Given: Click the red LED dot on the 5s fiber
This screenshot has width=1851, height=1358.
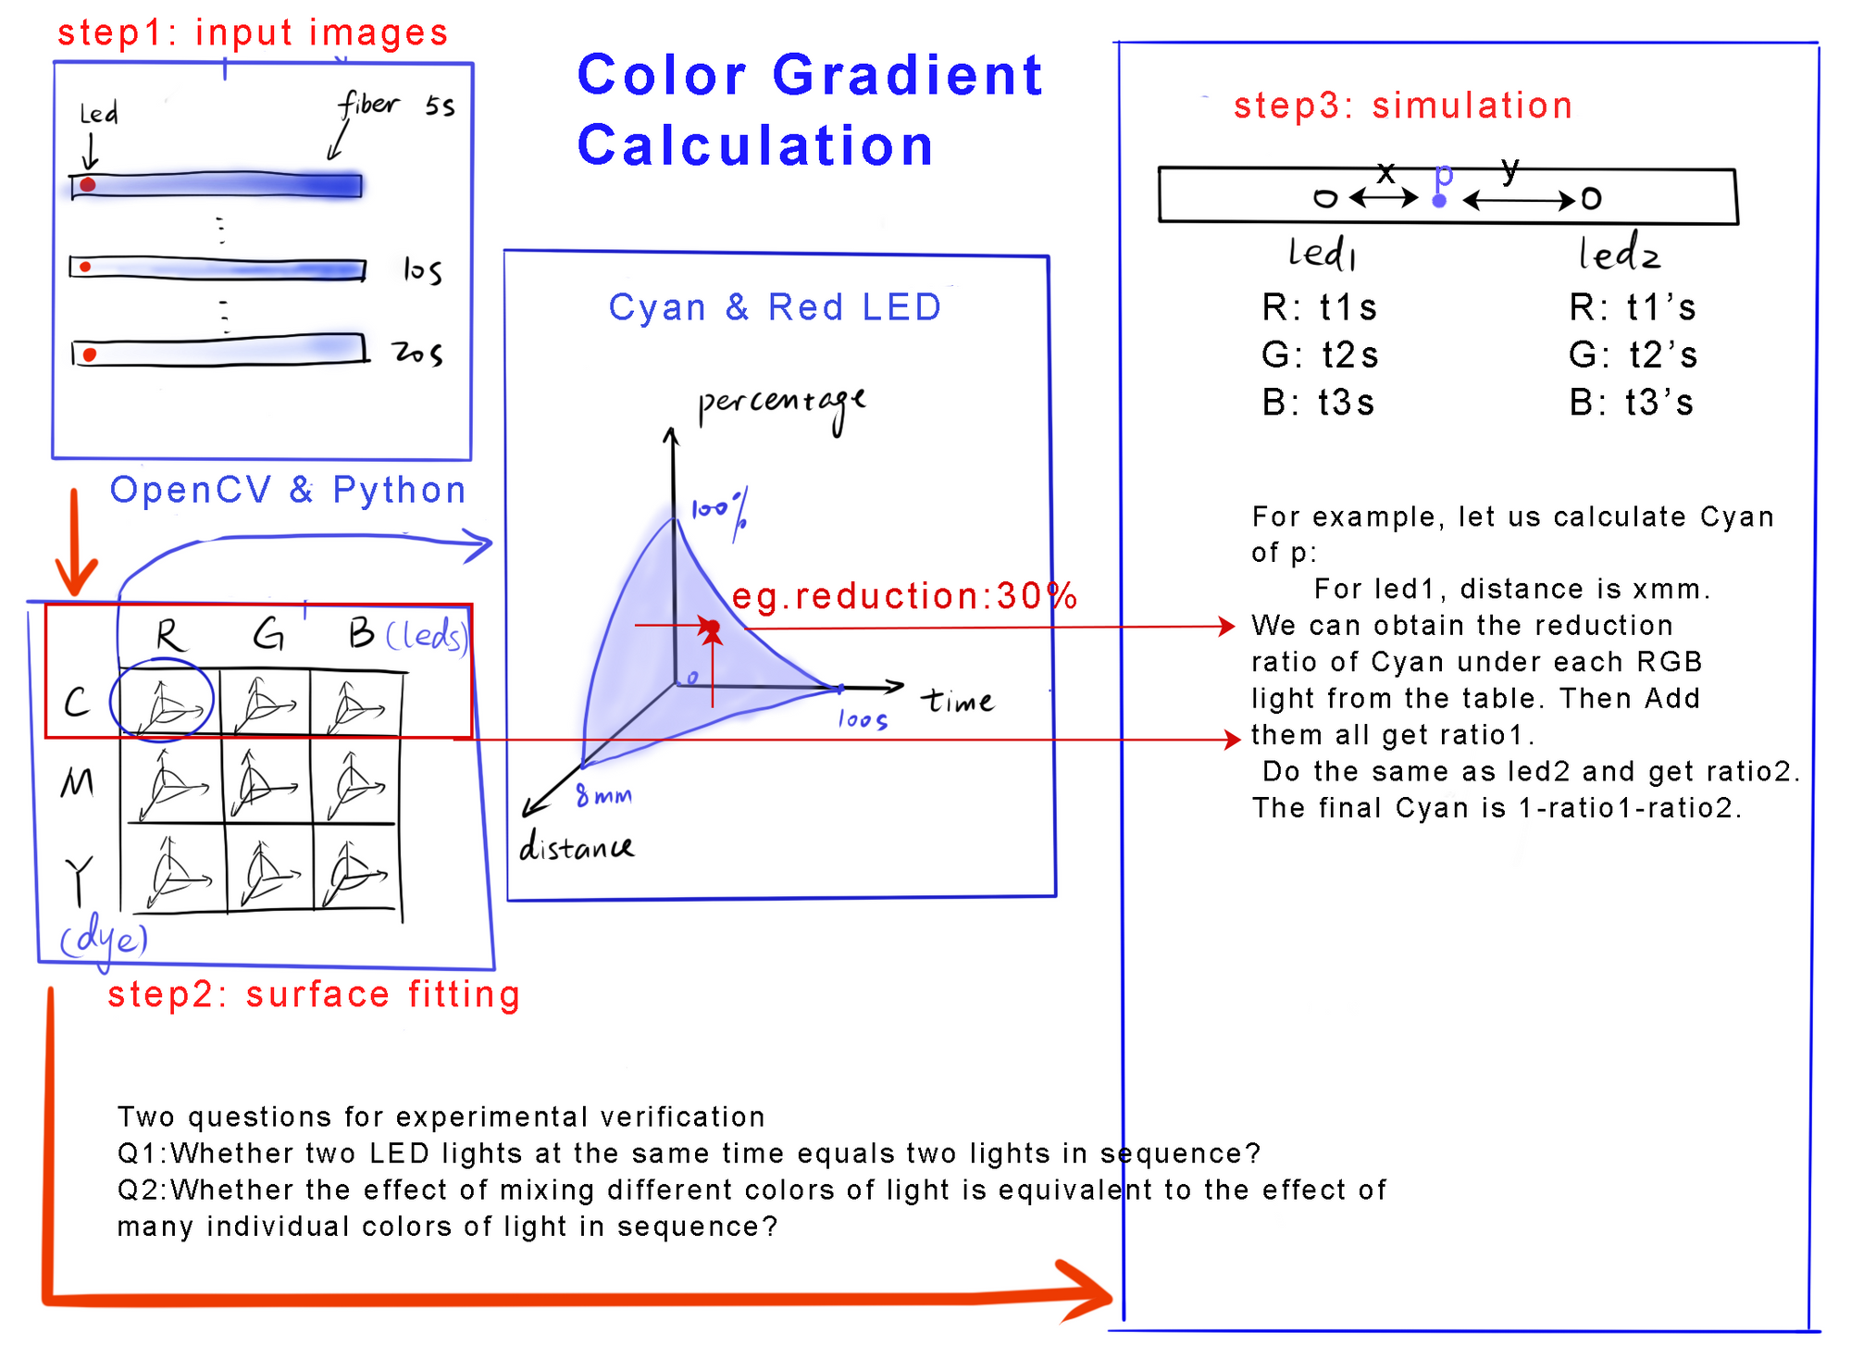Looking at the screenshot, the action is (87, 185).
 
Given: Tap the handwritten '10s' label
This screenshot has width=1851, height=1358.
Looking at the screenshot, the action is (422, 270).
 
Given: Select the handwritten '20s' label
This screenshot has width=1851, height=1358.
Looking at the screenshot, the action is (417, 353).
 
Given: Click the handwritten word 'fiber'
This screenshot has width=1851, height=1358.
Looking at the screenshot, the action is (367, 105).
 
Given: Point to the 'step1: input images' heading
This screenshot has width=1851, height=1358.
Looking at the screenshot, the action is (253, 32).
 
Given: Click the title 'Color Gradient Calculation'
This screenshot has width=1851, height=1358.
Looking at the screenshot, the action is (809, 109).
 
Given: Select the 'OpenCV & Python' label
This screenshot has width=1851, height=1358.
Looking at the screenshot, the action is (287, 490).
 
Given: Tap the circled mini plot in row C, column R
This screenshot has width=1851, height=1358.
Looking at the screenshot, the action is (163, 701).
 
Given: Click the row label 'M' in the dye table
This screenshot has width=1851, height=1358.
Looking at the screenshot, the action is (77, 784).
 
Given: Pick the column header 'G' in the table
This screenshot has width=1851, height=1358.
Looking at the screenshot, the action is (268, 635).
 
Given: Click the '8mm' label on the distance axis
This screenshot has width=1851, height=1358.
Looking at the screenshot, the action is (603, 795).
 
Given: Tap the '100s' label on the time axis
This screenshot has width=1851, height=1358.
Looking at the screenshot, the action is (863, 719).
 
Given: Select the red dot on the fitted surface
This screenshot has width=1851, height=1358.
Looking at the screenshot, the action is (712, 628).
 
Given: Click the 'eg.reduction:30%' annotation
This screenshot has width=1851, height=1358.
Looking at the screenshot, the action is (904, 596).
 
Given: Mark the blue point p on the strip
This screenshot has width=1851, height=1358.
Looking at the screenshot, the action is (1439, 200).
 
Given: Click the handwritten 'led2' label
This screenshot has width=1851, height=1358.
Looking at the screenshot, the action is (1619, 254).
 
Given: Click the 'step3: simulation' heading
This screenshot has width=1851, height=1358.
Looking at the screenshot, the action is (1402, 106).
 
